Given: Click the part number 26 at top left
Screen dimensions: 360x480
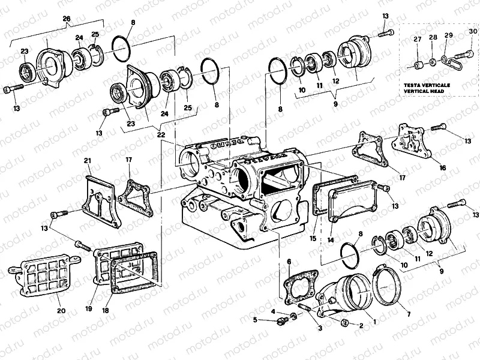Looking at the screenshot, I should tap(67, 17).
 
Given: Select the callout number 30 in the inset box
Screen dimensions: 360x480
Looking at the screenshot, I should tap(473, 31).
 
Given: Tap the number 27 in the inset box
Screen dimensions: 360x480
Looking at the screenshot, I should tap(418, 40).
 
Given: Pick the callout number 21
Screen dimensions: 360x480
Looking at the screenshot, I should tap(88, 161).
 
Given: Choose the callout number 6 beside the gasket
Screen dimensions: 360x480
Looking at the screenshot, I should tap(288, 262).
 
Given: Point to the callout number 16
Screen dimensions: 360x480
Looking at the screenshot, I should tap(442, 168).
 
